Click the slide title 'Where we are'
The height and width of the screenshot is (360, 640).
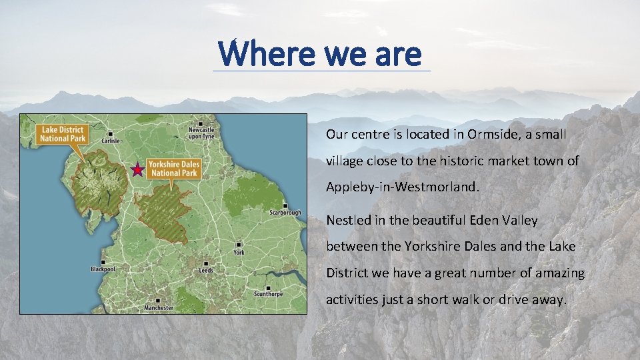320,53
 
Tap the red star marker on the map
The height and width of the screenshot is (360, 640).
137,170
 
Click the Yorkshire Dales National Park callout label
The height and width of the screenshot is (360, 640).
173,168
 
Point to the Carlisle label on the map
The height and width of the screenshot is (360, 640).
111,141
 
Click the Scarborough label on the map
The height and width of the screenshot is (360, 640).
285,213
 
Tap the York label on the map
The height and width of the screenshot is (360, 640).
239,252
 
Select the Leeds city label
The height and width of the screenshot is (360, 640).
206,270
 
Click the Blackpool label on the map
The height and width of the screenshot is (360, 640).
103,269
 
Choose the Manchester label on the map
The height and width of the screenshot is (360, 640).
159,307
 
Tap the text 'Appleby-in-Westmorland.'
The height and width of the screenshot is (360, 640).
402,187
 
